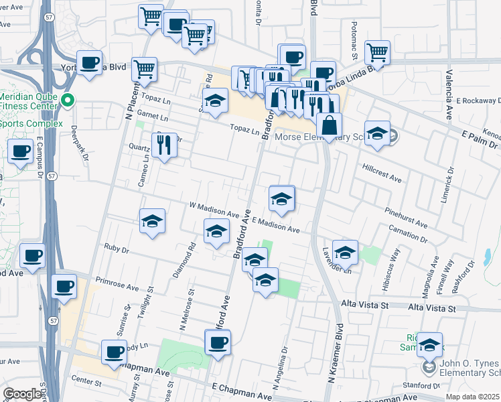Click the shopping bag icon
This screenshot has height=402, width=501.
[x=330, y=125]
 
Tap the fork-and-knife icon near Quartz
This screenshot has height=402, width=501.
[x=164, y=143]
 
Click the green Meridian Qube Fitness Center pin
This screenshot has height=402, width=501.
[x=67, y=101]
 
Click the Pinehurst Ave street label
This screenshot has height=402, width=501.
[x=406, y=216]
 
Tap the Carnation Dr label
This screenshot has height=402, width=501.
[x=408, y=234]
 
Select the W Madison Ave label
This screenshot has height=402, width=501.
[x=214, y=210]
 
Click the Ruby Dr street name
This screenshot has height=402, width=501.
[x=116, y=249]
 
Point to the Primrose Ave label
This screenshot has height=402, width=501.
[x=117, y=283]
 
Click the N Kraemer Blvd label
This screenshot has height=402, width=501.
[x=334, y=352]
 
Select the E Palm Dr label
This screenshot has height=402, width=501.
[x=479, y=138]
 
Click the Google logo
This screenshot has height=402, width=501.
[x=21, y=394]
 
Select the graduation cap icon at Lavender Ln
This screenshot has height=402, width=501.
[x=345, y=252]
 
